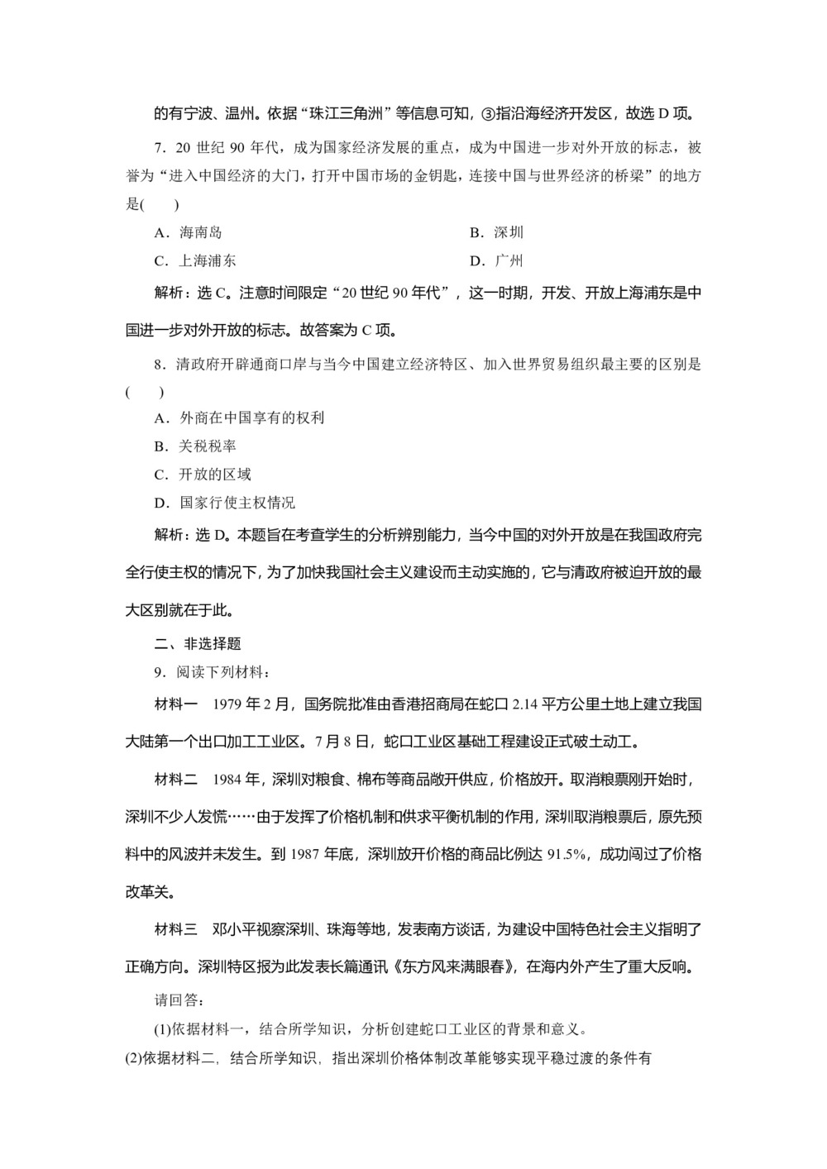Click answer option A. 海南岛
[188, 233]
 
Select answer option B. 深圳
[496, 233]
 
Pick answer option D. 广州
[496, 261]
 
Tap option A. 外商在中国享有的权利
[239, 418]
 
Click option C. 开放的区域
[203, 475]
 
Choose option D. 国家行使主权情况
[224, 503]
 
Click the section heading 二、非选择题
[198, 644]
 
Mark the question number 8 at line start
[160, 365]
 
